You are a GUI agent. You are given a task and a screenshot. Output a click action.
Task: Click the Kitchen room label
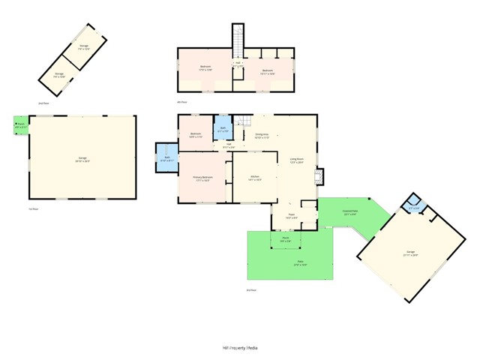tap(255, 178)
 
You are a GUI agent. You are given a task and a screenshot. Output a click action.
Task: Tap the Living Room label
tap(296, 160)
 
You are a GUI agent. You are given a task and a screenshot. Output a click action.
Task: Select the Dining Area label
tap(262, 136)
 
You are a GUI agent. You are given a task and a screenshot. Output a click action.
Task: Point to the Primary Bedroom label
tap(202, 178)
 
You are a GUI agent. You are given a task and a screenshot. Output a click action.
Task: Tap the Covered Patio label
tap(350, 213)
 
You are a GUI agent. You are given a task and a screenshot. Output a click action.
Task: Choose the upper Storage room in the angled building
tap(84, 50)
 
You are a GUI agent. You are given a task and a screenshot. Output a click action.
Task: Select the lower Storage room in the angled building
tap(58, 74)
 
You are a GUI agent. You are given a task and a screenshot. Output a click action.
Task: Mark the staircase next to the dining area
tap(241, 122)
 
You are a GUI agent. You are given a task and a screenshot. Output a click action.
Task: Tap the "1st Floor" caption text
tap(33, 209)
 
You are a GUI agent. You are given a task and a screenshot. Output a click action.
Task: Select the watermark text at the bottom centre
tap(240, 348)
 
